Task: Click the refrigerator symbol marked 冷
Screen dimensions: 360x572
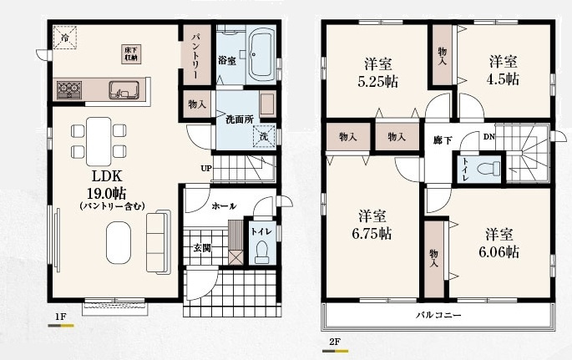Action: click(x=63, y=37)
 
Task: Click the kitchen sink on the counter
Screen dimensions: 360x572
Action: click(x=124, y=88)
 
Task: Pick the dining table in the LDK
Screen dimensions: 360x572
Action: click(x=97, y=139)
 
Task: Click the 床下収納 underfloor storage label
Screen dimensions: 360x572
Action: click(x=130, y=53)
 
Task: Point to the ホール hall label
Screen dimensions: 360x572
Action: click(x=223, y=205)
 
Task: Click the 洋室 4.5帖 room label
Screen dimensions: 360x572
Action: click(x=504, y=70)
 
